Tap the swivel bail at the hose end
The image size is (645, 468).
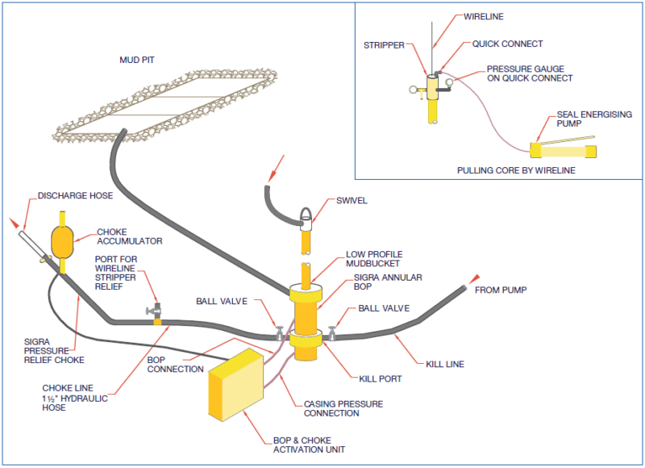tap(306, 215)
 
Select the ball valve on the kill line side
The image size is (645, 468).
tap(331, 332)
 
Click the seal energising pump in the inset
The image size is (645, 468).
tap(562, 150)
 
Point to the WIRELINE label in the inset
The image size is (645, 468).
tap(484, 16)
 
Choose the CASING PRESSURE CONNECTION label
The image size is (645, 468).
tap(343, 408)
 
